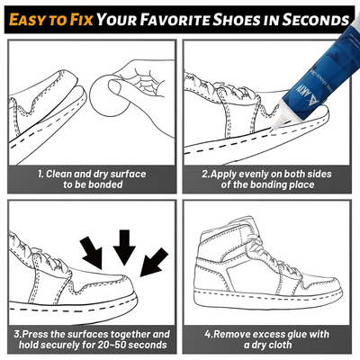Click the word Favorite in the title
(x=175, y=19)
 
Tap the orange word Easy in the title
(x=27, y=19)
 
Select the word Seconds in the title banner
(x=316, y=19)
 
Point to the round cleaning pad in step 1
(x=109, y=95)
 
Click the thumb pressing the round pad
(x=118, y=87)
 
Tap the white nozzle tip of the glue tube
(x=277, y=122)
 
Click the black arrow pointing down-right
(x=92, y=253)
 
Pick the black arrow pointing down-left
(x=154, y=262)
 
